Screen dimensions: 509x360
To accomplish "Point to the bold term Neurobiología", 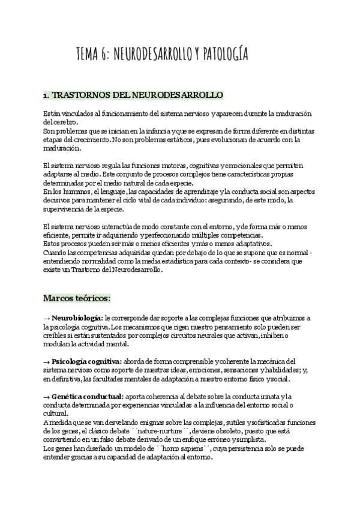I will click(x=77, y=317).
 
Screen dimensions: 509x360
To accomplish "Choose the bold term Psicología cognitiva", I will click(x=86, y=361).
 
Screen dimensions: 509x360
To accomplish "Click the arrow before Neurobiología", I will click(x=47, y=317).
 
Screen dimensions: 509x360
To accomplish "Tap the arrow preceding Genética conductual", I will click(x=47, y=397).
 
